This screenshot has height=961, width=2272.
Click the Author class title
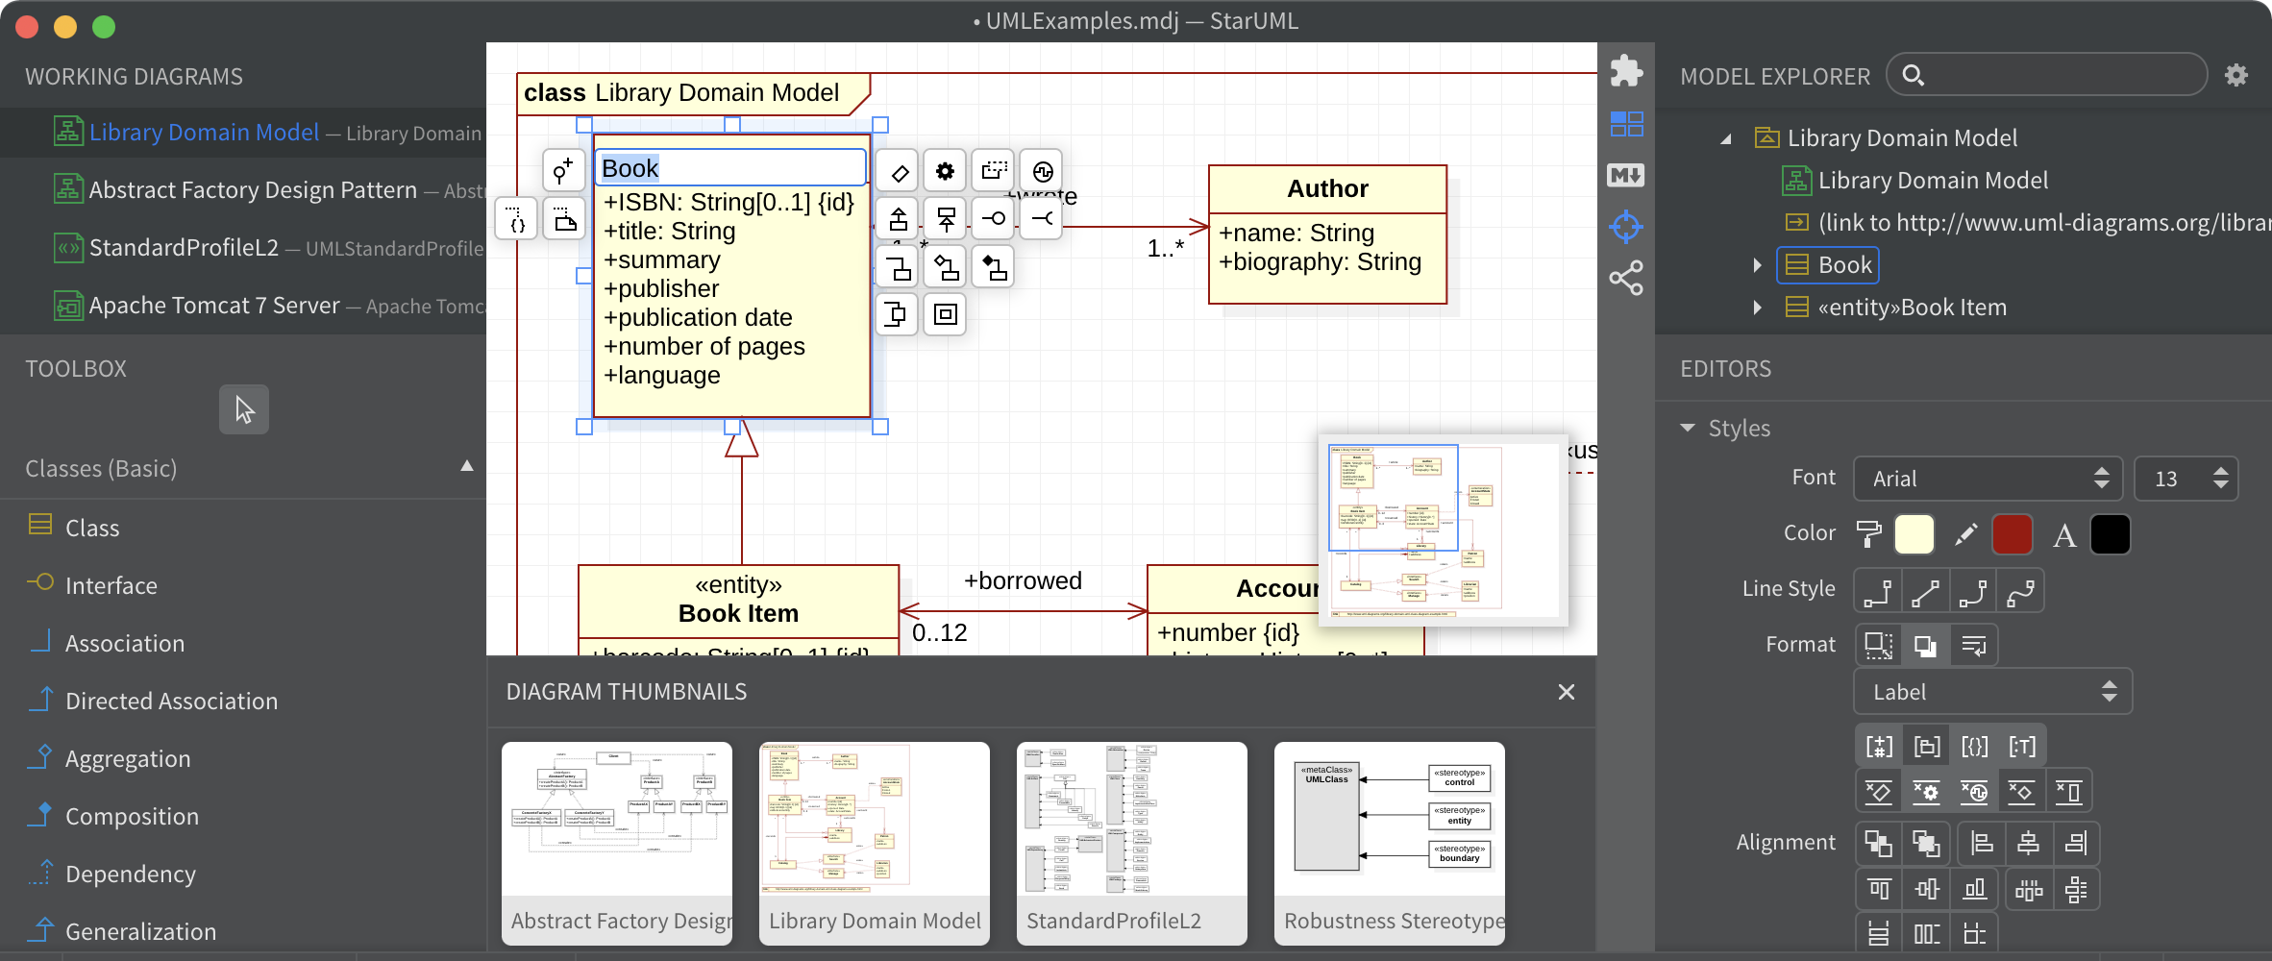pyautogui.click(x=1327, y=188)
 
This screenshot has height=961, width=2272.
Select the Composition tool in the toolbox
pyautogui.click(x=132, y=816)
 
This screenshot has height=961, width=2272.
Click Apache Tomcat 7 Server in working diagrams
pyautogui.click(x=213, y=306)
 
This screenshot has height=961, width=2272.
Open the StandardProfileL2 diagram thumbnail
pyautogui.click(x=1131, y=842)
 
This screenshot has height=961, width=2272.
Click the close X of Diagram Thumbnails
pyautogui.click(x=1566, y=692)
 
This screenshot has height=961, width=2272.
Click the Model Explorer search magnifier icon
pyautogui.click(x=1913, y=75)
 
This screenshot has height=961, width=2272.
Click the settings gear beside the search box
pyautogui.click(x=2236, y=75)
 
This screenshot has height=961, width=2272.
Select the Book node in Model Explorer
pyautogui.click(x=1843, y=265)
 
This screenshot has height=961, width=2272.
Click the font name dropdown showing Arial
pyautogui.click(x=1986, y=479)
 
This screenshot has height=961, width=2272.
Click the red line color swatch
pyautogui.click(x=2012, y=534)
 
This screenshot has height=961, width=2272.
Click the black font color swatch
pyautogui.click(x=2110, y=534)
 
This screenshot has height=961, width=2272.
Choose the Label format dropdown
pyautogui.click(x=1991, y=692)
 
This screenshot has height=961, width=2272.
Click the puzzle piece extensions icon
pyautogui.click(x=1626, y=70)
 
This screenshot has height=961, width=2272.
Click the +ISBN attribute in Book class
pyautogui.click(x=728, y=202)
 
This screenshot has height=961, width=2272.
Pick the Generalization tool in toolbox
pyautogui.click(x=140, y=931)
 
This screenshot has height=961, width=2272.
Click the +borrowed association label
pyautogui.click(x=1023, y=580)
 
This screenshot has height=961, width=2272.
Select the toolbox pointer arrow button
pyautogui.click(x=244, y=410)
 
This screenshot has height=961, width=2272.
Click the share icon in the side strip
pyautogui.click(x=1626, y=279)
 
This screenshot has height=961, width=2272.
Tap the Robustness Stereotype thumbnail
pyautogui.click(x=1389, y=842)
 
